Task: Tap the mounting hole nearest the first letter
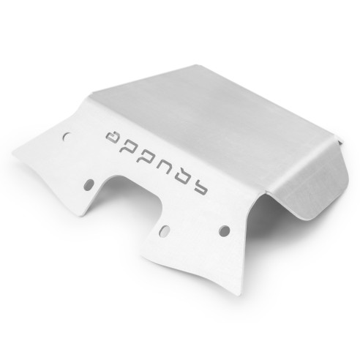pos(67,136)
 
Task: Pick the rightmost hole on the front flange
pos(224,230)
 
